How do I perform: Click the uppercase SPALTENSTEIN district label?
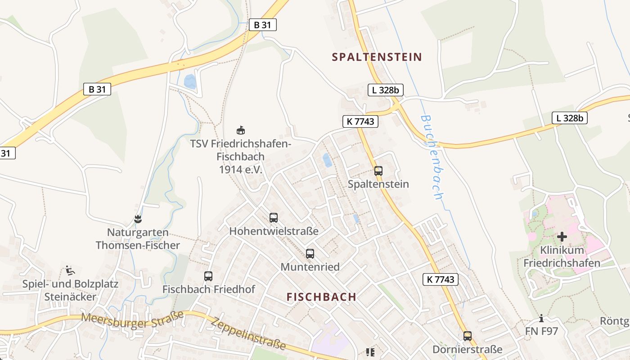tap(377, 57)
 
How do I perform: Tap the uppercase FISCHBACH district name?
tap(321, 297)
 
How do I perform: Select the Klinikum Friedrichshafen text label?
tap(562, 256)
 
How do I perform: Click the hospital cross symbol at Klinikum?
tap(562, 236)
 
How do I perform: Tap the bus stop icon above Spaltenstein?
tap(378, 171)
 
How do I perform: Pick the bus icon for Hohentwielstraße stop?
tap(274, 218)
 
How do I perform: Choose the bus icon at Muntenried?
tap(310, 254)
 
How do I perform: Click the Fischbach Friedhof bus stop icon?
tap(208, 276)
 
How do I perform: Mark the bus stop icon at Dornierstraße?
tap(468, 336)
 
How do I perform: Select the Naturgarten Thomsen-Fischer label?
tap(138, 239)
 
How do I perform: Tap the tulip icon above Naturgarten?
tap(138, 219)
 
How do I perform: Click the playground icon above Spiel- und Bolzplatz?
tap(70, 270)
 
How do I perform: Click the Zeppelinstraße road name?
tap(248, 334)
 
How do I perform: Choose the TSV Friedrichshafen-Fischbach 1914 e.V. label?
tap(241, 157)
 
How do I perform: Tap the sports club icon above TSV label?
tap(241, 130)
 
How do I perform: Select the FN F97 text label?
tap(541, 332)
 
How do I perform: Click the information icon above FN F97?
tap(541, 319)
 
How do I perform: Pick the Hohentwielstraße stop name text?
tap(274, 231)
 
